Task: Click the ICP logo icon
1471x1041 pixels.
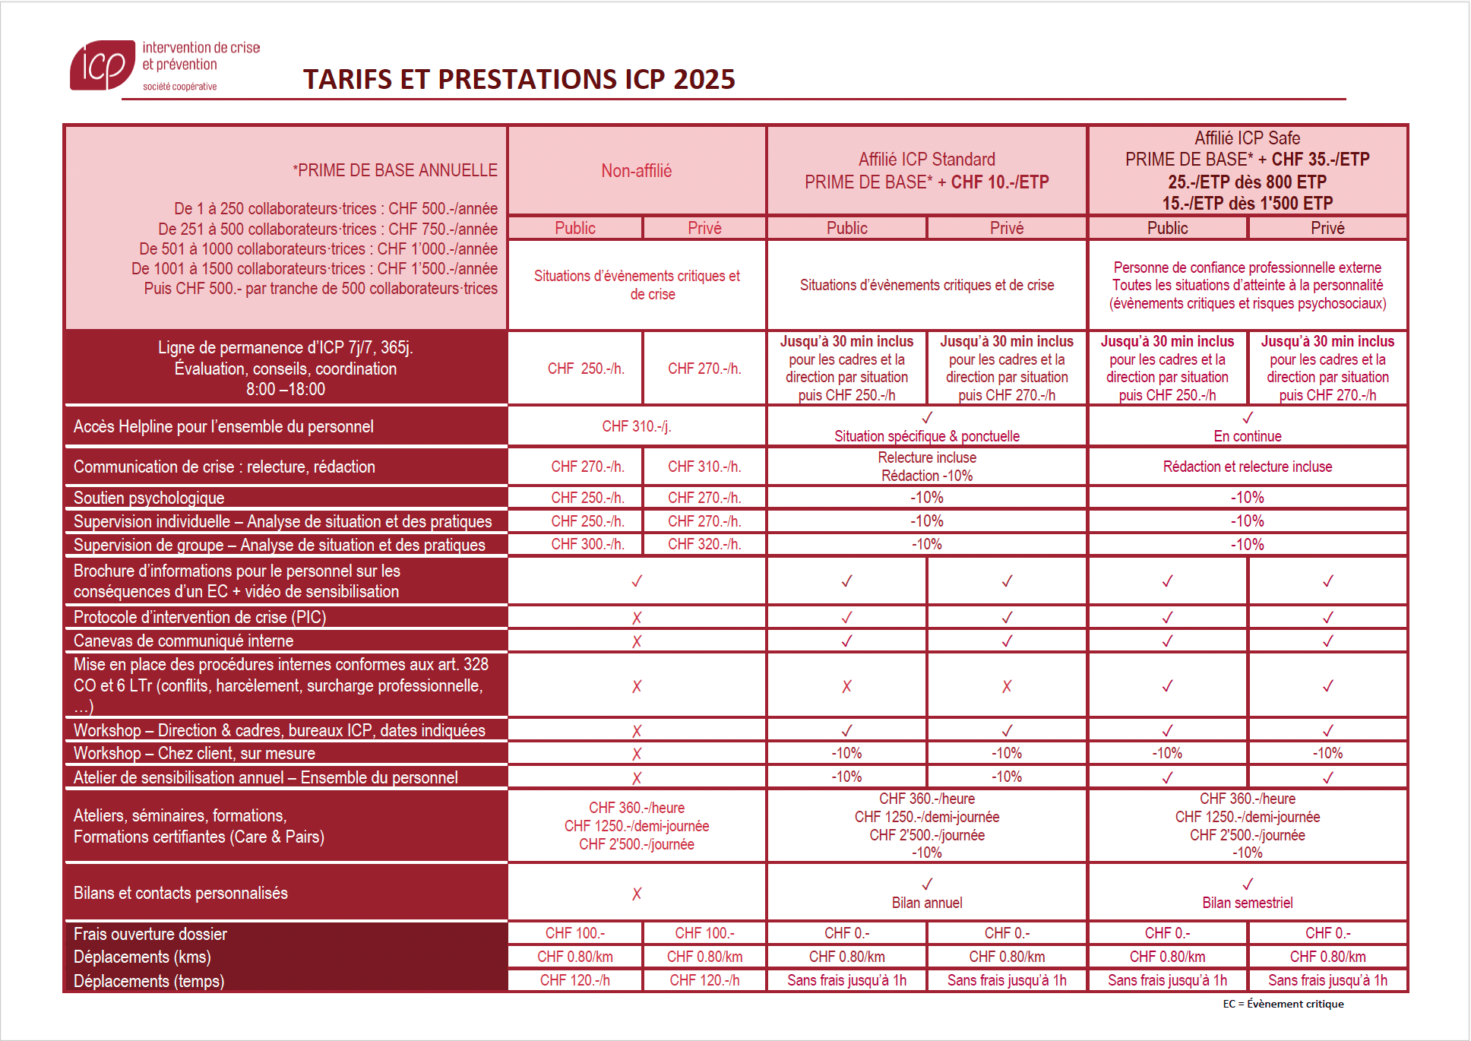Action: click(102, 65)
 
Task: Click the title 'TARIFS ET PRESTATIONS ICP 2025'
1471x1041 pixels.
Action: click(519, 79)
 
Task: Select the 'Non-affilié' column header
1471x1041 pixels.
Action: click(636, 171)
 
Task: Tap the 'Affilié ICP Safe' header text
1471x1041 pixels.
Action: click(1247, 138)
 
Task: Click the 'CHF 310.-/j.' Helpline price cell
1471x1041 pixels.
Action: click(636, 426)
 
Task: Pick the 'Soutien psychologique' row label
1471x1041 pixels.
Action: click(149, 498)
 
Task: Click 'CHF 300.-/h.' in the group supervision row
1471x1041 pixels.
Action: click(587, 544)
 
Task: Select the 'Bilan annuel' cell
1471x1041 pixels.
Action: click(926, 902)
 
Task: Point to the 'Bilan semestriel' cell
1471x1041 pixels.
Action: click(1247, 902)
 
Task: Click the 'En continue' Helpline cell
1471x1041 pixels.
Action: click(1247, 435)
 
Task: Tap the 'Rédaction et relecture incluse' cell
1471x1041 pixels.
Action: click(1247, 467)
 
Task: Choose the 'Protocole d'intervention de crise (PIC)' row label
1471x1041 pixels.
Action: click(200, 617)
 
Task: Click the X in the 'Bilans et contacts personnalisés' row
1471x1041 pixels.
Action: click(637, 894)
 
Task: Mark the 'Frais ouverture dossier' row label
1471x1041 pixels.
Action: click(150, 934)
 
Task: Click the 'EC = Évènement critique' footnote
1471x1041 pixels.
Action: click(1283, 1004)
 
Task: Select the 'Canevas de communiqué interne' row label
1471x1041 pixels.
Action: click(183, 641)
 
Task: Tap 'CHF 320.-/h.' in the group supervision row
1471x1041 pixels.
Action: click(704, 544)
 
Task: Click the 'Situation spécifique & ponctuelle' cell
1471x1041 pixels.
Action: click(926, 435)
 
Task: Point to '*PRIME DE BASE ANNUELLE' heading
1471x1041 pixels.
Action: click(395, 170)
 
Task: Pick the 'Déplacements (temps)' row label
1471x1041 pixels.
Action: click(149, 981)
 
